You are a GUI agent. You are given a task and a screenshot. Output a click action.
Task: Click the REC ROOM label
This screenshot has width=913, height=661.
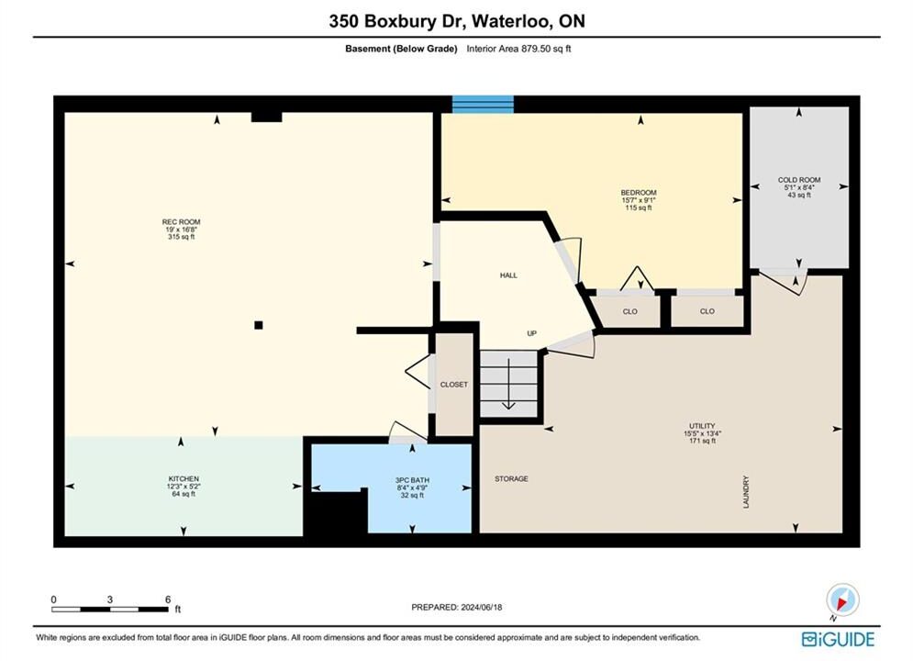[x=181, y=222]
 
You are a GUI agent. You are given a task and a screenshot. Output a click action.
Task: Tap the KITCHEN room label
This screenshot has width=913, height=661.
[x=184, y=478]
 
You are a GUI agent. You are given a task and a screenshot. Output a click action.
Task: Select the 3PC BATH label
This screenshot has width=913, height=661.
[x=412, y=480]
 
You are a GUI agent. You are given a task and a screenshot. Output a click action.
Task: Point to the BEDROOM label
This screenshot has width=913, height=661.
[x=638, y=193]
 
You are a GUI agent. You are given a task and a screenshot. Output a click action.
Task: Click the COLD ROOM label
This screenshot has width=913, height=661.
[x=799, y=180]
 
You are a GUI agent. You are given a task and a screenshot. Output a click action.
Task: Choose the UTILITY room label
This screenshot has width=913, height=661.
[x=702, y=426]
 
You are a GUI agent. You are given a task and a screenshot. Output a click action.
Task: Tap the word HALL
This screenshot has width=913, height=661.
[x=508, y=275]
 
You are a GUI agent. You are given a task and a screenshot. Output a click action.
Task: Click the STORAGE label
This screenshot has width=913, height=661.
[x=511, y=478]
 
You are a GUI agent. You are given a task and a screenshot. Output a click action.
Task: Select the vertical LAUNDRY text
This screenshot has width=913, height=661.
[x=746, y=492]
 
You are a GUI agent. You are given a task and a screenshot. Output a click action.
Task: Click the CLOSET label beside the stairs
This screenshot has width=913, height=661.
[x=453, y=385]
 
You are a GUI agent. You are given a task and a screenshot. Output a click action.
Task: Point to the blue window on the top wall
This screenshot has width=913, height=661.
[x=483, y=105]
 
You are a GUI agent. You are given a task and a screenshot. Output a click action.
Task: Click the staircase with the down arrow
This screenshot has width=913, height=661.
[x=508, y=384]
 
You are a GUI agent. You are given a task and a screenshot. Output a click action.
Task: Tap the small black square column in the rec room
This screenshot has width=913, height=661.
[x=259, y=325]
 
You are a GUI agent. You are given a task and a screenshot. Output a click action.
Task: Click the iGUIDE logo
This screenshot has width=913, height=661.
[x=838, y=639]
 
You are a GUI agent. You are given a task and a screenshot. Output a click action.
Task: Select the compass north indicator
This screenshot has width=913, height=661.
[x=842, y=599]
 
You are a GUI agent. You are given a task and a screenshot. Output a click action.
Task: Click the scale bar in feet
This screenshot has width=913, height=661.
[x=109, y=610]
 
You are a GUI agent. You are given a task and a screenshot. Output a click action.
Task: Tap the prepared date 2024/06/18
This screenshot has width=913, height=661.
[x=481, y=607]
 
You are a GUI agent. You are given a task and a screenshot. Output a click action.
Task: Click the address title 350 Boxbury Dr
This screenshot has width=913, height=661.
[x=397, y=21]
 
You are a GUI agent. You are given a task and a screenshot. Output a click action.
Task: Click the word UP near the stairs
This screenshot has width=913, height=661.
[x=531, y=333]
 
